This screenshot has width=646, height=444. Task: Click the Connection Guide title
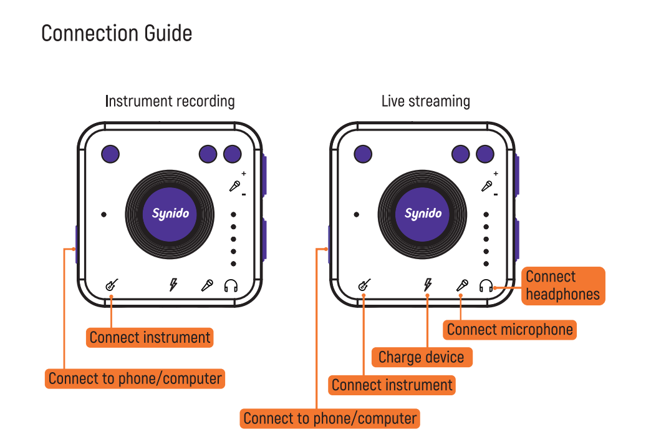pos(117,33)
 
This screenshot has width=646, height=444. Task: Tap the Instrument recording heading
pos(170,101)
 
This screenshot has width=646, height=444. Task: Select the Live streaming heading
pos(426,101)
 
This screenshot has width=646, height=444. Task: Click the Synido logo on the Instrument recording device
pos(170,214)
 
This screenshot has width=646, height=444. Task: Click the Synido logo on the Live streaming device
pos(423,214)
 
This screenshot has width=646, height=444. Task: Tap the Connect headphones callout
pos(562,286)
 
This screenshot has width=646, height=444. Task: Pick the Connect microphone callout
pos(509,330)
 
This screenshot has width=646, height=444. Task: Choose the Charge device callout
pos(422,358)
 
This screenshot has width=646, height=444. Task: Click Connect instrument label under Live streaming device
pos(392,385)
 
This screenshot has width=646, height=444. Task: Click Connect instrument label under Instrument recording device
pos(150,338)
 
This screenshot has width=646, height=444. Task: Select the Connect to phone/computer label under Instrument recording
pos(135,378)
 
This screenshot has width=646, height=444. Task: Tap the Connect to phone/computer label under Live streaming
pos(330,418)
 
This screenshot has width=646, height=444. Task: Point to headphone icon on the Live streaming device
pos(486,286)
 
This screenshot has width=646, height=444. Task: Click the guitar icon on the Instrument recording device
pos(112,285)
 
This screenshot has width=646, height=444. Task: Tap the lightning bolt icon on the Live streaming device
pos(427,285)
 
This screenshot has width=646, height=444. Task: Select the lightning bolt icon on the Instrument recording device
pos(173,285)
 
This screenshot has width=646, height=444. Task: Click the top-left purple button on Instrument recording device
pos(110,154)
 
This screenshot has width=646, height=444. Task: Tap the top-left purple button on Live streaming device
pos(363,154)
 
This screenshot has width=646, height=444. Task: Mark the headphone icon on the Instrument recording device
pos(231,286)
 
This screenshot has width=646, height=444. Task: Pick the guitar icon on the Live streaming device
pos(364,285)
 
